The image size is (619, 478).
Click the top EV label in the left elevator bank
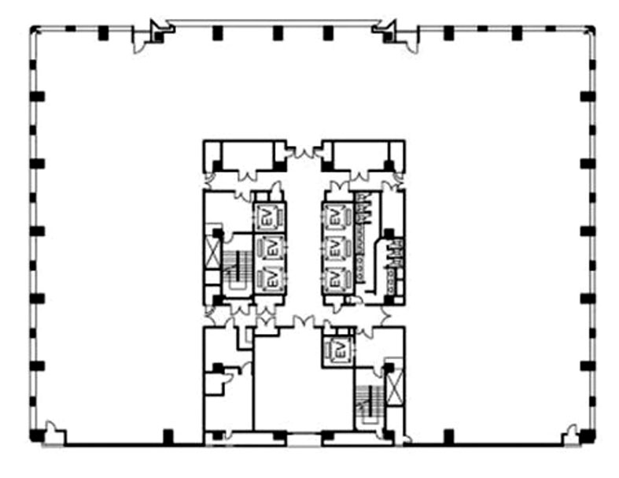tap(270, 217)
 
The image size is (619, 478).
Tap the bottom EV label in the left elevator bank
tap(271, 278)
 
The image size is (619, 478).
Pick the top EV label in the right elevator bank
tap(335, 217)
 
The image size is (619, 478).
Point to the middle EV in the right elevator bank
tap(335, 248)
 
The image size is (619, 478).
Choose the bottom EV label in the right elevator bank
tap(335, 278)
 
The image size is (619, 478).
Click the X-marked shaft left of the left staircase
tap(213, 252)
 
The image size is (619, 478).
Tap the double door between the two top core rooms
tap(304, 153)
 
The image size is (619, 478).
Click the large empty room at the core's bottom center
tap(303, 380)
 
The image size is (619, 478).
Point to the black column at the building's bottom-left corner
tap(38, 435)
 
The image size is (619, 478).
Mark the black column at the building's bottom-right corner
tap(587, 435)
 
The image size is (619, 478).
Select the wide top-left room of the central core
tap(248, 156)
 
